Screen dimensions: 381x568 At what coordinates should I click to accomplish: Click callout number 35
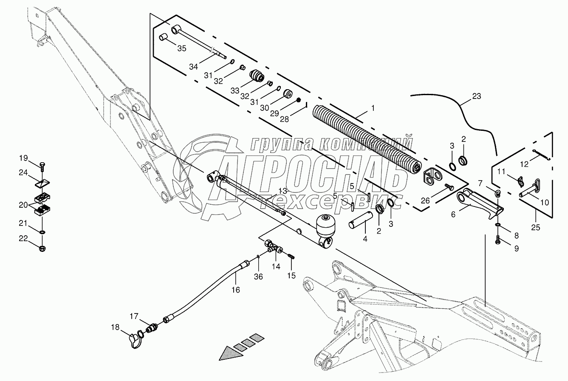[x=181, y=48]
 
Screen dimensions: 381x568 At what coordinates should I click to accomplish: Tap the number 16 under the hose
[x=235, y=290]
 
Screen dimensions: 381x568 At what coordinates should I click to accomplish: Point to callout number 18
[x=115, y=327]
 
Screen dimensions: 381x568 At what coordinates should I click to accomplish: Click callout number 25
[x=535, y=228]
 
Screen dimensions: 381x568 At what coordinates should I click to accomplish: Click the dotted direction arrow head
[x=229, y=353]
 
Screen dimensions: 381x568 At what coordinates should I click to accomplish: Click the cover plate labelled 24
[x=42, y=183]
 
